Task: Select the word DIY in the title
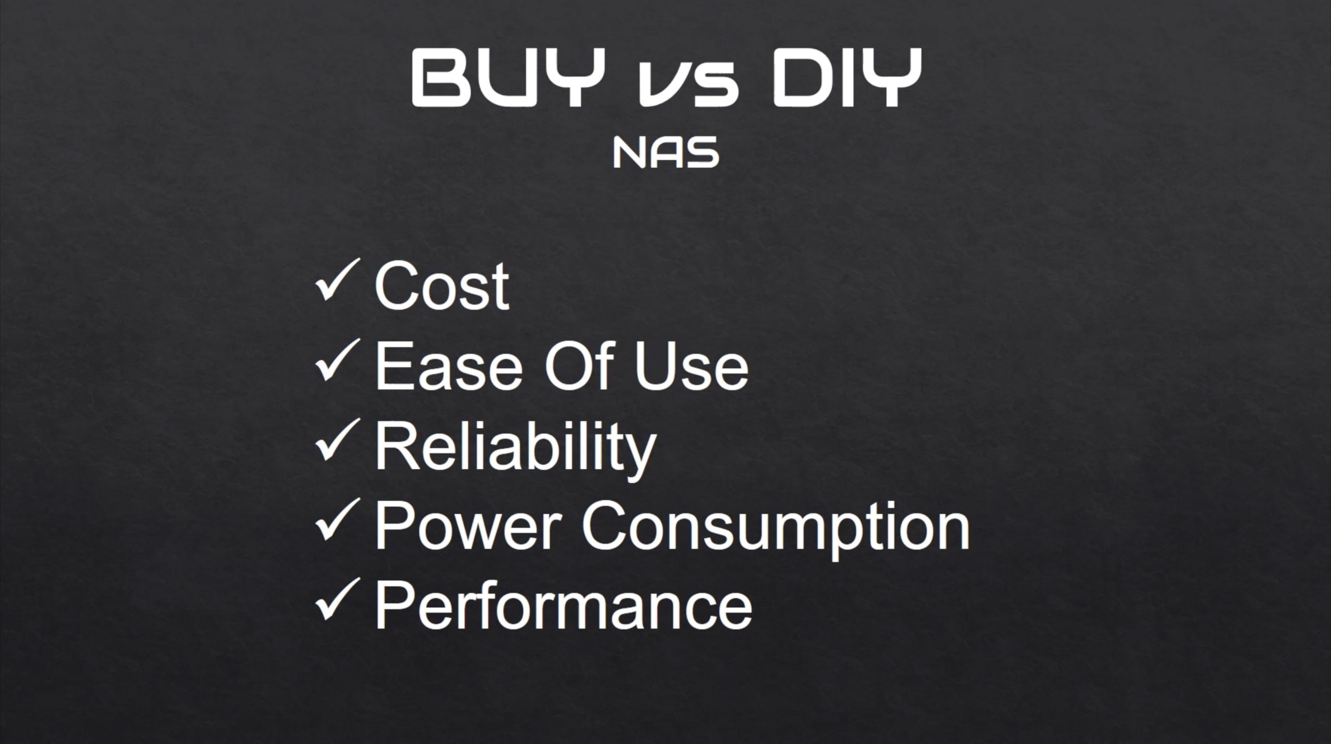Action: click(847, 79)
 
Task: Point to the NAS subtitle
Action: click(666, 152)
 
